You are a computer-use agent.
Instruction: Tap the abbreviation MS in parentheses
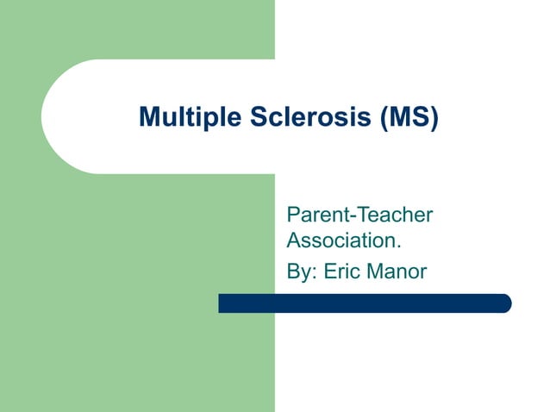coord(409,117)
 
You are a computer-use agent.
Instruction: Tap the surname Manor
coord(397,272)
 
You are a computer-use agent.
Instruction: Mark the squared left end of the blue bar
coord(222,303)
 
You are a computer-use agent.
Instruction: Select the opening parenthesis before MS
coord(384,118)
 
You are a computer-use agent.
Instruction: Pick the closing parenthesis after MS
coord(434,118)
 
